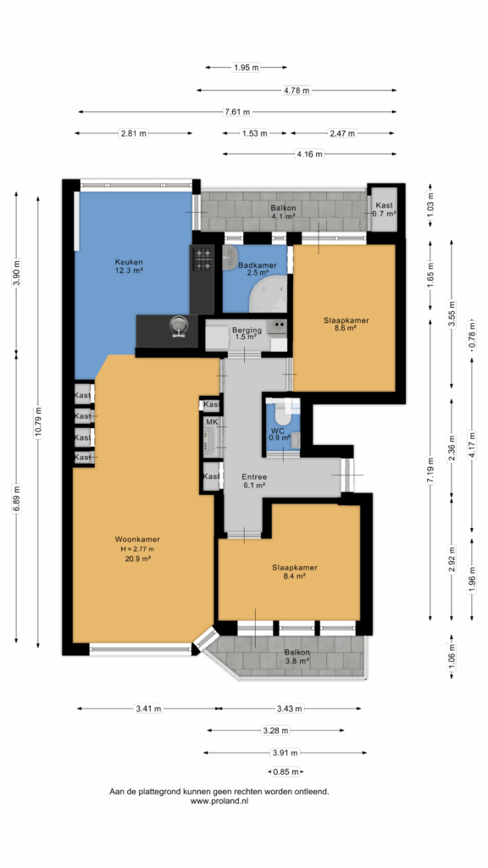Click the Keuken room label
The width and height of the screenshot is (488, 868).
tap(129, 262)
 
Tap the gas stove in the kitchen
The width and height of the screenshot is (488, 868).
tap(202, 258)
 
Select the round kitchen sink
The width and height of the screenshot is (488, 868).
tap(178, 325)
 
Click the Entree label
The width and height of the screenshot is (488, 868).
tap(254, 476)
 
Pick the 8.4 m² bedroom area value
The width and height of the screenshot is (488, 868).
tap(294, 576)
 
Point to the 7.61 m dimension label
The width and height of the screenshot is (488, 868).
tap(237, 112)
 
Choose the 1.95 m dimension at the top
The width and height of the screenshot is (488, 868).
tap(247, 68)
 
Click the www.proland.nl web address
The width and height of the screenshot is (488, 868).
tap(219, 800)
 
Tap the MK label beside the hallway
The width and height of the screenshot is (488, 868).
tap(211, 423)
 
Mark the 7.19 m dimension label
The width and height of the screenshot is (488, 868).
tap(431, 469)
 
